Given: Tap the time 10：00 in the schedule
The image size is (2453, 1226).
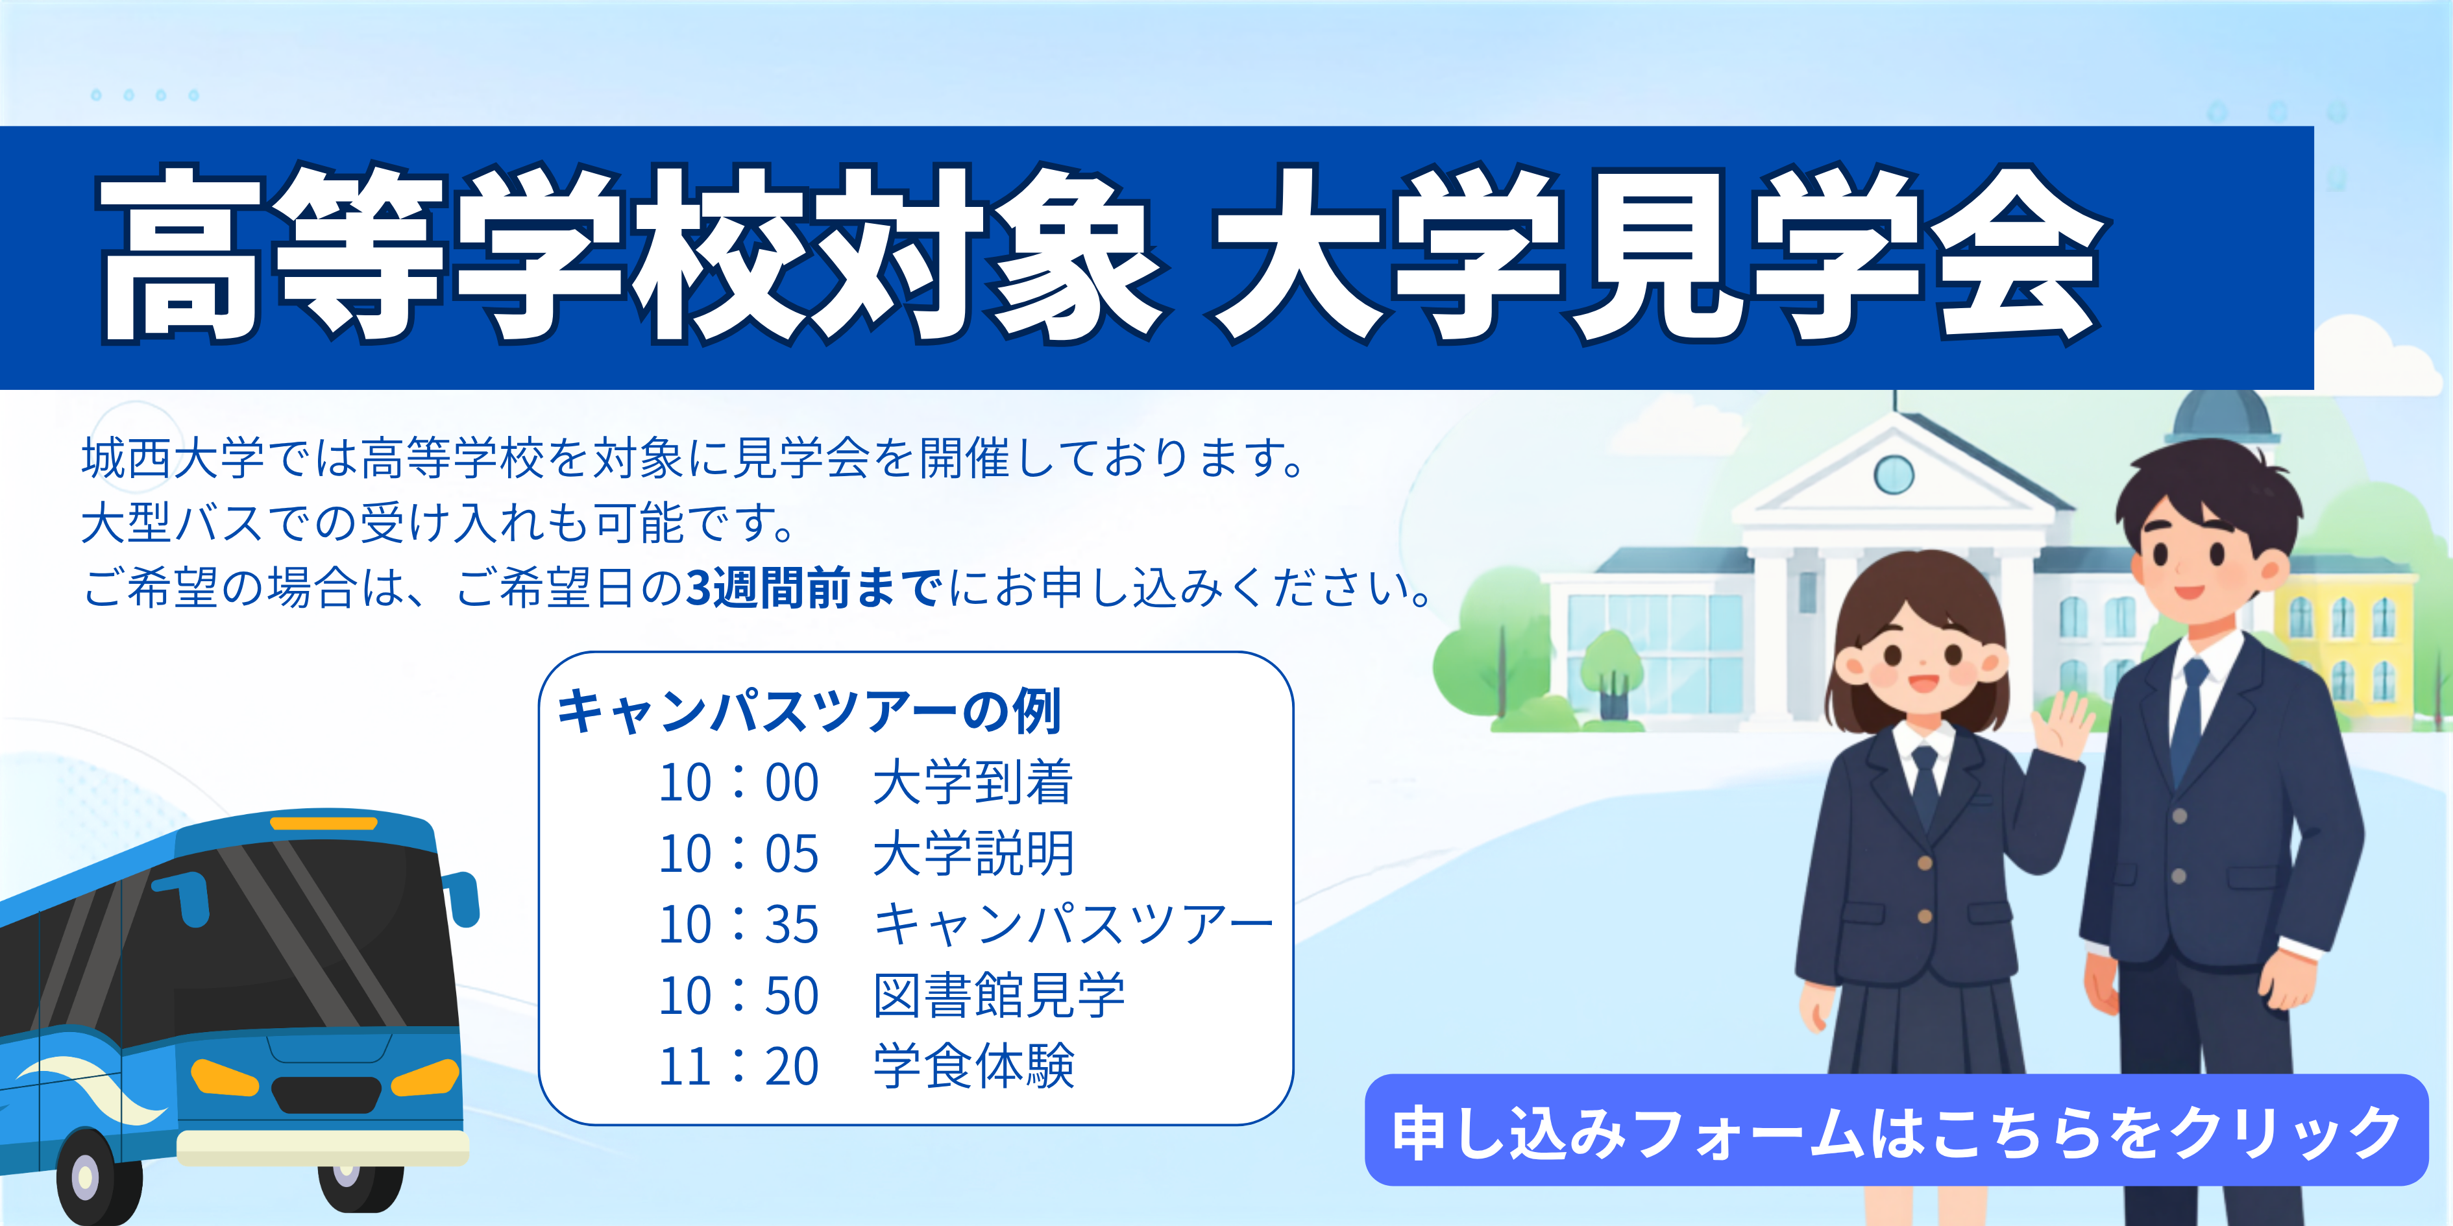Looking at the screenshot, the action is click(739, 782).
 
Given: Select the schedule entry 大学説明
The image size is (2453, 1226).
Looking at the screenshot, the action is click(973, 853).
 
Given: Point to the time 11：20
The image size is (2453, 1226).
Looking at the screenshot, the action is click(739, 1066).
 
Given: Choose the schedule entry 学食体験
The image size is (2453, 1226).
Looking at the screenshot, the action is click(973, 1066).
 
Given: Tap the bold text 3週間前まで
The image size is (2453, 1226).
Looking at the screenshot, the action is click(814, 587).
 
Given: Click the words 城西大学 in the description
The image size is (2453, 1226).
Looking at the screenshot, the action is click(173, 458).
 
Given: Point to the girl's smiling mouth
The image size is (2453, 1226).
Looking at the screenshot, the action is click(1921, 682).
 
